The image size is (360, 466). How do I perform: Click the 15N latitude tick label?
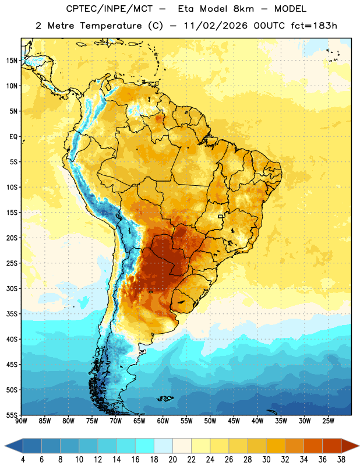12,61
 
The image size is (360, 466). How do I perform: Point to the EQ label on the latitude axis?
13,137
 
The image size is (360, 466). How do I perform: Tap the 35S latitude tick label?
12,314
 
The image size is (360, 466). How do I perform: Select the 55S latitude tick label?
12,415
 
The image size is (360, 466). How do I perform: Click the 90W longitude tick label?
21,421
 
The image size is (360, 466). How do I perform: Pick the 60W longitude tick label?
163,421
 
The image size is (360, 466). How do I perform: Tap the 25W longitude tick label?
328,421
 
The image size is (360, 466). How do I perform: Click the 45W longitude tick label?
234,421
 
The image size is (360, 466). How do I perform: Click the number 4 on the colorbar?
23,460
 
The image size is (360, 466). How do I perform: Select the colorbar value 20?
172,460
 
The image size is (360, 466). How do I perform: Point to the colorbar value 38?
341,460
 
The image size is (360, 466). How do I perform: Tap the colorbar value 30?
266,460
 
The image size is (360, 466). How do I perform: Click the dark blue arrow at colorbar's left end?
13,446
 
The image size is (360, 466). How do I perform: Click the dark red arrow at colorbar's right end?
351,446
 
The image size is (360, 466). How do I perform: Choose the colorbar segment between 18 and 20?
163,446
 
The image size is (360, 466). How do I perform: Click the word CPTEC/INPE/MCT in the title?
110,9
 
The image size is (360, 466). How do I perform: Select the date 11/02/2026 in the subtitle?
216,26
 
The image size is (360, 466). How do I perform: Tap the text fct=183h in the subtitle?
314,26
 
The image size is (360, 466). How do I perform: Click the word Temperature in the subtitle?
111,26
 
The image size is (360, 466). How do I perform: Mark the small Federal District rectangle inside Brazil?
221,216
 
